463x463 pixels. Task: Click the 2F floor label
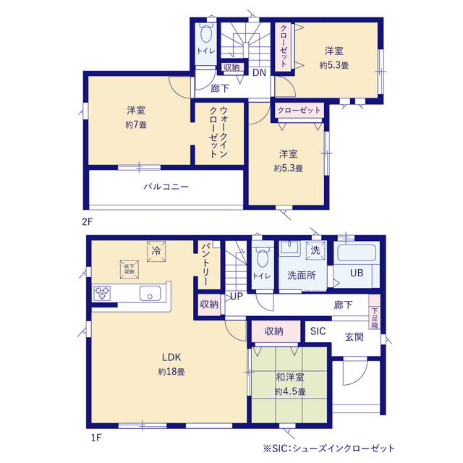click(x=88, y=221)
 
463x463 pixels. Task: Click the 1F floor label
click(x=96, y=437)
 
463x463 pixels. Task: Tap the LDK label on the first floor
click(x=171, y=357)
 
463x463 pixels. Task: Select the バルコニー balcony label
click(x=166, y=187)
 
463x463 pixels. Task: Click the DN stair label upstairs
click(x=259, y=72)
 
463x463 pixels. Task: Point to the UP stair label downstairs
click(x=237, y=296)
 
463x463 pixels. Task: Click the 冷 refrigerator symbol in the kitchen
click(x=156, y=251)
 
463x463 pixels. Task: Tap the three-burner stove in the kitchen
click(x=102, y=293)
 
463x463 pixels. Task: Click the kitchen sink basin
click(x=150, y=293)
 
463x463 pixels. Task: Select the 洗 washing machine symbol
click(x=315, y=250)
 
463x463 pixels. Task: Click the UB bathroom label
click(x=357, y=273)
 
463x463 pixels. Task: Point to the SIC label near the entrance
click(x=318, y=331)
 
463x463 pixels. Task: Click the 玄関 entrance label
click(x=354, y=337)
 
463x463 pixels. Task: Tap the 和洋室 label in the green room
click(x=290, y=377)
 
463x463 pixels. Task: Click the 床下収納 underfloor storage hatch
click(x=129, y=269)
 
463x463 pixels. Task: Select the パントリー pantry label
click(x=206, y=264)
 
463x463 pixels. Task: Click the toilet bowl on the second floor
click(x=206, y=33)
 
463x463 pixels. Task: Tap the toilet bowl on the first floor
click(x=263, y=258)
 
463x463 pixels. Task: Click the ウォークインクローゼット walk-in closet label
click(x=218, y=132)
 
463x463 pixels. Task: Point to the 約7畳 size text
click(x=136, y=124)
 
